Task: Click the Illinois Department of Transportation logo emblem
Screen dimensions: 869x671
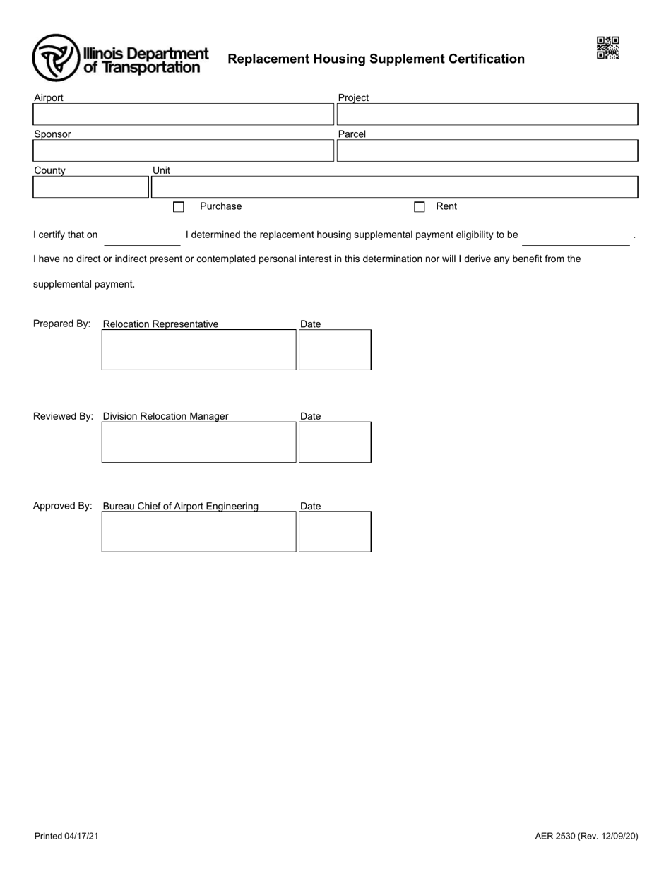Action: pyautogui.click(x=56, y=58)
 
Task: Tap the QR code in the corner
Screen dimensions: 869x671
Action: pyautogui.click(x=607, y=48)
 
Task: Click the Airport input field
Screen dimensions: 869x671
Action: pyautogui.click(x=183, y=114)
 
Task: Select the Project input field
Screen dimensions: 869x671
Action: pyautogui.click(x=487, y=114)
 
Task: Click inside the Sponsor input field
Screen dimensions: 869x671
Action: pyautogui.click(x=183, y=150)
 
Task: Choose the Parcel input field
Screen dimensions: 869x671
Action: pyautogui.click(x=487, y=150)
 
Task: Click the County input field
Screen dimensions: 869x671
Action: pyautogui.click(x=90, y=187)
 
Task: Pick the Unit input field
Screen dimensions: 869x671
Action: pyautogui.click(x=394, y=187)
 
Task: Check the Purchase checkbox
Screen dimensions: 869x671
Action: pyautogui.click(x=179, y=207)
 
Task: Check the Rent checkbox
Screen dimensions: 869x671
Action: pyautogui.click(x=420, y=207)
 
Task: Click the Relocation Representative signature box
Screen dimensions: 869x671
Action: pyautogui.click(x=198, y=350)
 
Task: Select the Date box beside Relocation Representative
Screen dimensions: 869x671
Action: pyautogui.click(x=335, y=350)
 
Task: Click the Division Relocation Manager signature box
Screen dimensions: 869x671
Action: pyautogui.click(x=198, y=442)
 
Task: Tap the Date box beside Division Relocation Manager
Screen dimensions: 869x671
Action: pyautogui.click(x=335, y=442)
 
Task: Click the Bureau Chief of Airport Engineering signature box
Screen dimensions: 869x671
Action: pyautogui.click(x=198, y=532)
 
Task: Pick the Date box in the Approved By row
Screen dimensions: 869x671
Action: pyautogui.click(x=335, y=532)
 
